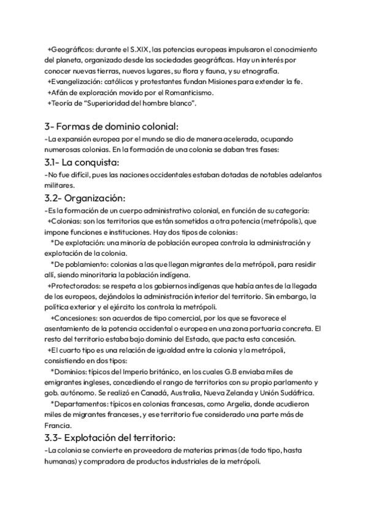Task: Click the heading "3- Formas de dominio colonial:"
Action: pyautogui.click(x=111, y=127)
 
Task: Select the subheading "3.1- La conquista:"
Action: pyautogui.click(x=82, y=162)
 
